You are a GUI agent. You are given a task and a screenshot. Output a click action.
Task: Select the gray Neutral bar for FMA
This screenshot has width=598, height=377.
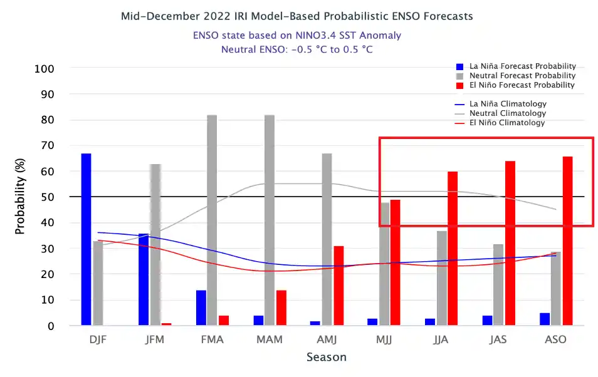(x=212, y=220)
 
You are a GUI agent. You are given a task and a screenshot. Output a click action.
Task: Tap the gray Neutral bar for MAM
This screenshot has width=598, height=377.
(x=270, y=220)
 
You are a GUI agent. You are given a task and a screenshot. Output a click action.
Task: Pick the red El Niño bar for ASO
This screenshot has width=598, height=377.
(x=567, y=240)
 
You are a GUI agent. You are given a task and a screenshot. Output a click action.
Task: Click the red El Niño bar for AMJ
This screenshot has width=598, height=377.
(x=338, y=286)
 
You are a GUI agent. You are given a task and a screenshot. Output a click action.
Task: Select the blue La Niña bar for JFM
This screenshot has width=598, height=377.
(x=144, y=279)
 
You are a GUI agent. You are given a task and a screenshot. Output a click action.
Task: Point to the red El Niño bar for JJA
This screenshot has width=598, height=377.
(x=452, y=248)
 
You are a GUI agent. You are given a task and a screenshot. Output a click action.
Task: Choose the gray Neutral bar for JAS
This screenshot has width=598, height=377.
(x=498, y=285)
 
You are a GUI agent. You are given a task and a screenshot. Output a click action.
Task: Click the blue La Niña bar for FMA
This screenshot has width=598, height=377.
(x=201, y=307)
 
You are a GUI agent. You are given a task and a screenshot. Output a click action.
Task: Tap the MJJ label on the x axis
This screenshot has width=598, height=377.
(x=384, y=339)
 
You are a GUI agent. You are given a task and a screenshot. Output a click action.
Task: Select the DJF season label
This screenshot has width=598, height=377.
(x=97, y=339)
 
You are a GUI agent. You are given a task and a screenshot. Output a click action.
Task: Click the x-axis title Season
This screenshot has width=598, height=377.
(x=326, y=358)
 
